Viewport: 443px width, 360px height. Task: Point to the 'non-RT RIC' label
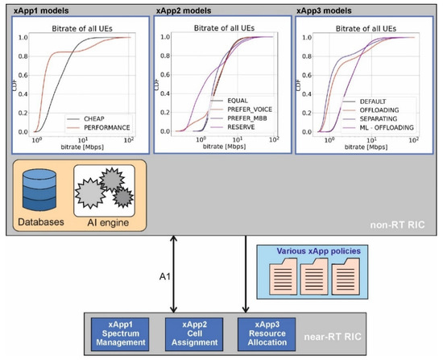click(x=400, y=227)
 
